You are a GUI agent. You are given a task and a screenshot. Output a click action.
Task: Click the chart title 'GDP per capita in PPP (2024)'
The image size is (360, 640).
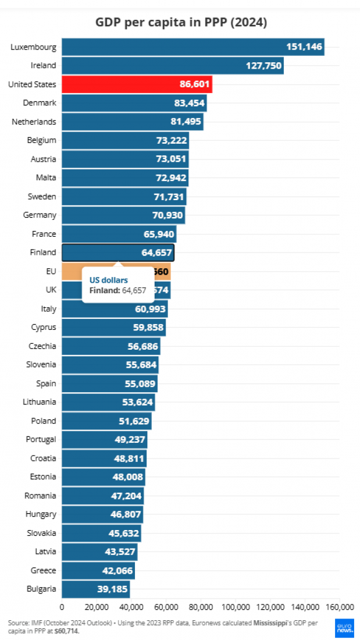pyautogui.click(x=181, y=23)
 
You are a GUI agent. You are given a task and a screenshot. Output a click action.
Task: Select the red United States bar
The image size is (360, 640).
pyautogui.click(x=137, y=84)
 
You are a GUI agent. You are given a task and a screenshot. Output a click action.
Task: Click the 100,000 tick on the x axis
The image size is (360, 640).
pyautogui.click(x=235, y=607)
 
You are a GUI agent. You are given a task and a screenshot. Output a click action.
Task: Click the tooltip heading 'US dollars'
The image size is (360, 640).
pyautogui.click(x=108, y=280)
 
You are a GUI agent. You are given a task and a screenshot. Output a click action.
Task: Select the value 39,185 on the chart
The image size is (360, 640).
pyautogui.click(x=112, y=589)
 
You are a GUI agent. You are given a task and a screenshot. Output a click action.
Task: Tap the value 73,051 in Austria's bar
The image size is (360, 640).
pyautogui.click(x=170, y=159)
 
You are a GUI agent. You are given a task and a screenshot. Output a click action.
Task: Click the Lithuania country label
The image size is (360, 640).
pyautogui.click(x=40, y=402)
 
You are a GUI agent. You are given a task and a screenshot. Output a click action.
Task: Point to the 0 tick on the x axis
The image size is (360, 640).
pyautogui.click(x=62, y=607)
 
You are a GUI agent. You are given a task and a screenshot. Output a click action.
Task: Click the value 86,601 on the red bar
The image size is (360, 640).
pyautogui.click(x=194, y=84)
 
